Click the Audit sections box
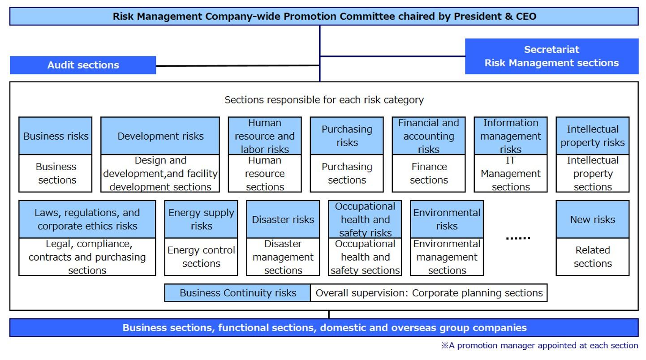(83, 65)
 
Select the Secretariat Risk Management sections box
(551, 56)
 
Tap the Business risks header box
(56, 136)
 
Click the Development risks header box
(160, 136)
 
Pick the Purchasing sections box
(347, 173)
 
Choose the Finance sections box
(429, 173)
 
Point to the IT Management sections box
(510, 173)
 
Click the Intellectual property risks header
(593, 136)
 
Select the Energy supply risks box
(201, 219)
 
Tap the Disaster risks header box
(283, 219)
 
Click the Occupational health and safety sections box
(365, 257)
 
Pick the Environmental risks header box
(447, 219)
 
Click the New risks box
(593, 219)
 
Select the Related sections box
(593, 257)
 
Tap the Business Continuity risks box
(237, 293)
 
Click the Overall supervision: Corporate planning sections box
(429, 293)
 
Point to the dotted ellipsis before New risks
(518, 238)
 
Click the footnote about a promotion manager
(539, 345)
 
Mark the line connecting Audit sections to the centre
(237, 66)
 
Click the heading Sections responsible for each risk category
(324, 100)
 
